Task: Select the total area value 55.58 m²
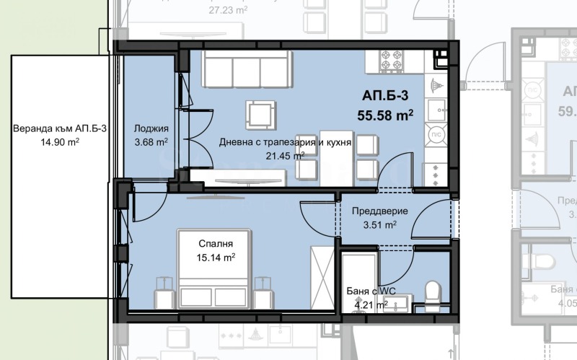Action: pyautogui.click(x=385, y=113)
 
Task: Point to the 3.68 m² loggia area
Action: pyautogui.click(x=151, y=142)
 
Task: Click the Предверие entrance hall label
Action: pyautogui.click(x=380, y=211)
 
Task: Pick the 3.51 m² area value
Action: pyautogui.click(x=380, y=225)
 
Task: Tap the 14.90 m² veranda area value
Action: pyautogui.click(x=55, y=143)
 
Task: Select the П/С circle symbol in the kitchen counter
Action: pyautogui.click(x=436, y=135)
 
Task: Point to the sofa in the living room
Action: pyautogui.click(x=245, y=69)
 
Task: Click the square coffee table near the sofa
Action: pyautogui.click(x=260, y=113)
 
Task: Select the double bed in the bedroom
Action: pyautogui.click(x=214, y=271)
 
